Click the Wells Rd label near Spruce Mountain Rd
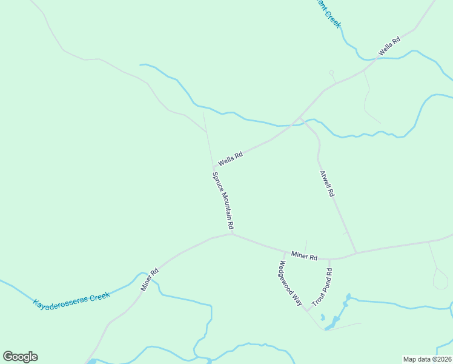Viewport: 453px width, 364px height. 230,158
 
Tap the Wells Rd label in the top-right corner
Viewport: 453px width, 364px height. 389,47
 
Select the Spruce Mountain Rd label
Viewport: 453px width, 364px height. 223,200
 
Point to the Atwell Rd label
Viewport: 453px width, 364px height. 327,183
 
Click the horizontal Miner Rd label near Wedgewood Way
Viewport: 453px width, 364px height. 304,257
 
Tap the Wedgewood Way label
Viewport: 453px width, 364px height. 290,283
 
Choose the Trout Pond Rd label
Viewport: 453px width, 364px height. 322,286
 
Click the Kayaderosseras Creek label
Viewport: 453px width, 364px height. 71,299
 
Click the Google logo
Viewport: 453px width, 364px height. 20,357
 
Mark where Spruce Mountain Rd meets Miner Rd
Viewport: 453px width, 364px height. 232,234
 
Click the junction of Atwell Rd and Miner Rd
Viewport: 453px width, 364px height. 356,252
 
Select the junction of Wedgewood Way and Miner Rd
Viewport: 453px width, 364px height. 285,252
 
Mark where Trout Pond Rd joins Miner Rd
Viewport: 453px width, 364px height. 330,259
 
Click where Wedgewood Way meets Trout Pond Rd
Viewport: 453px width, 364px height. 307,311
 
